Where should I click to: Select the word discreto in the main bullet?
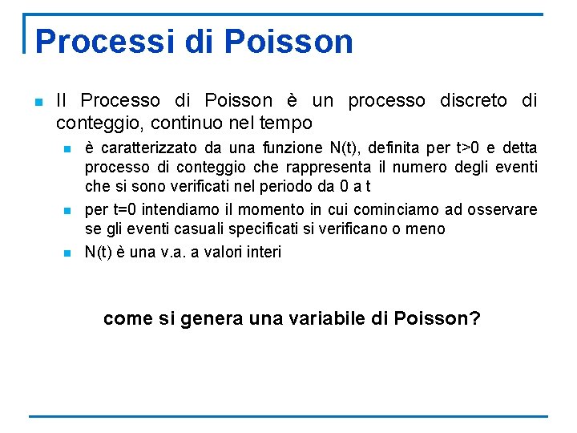click(x=472, y=101)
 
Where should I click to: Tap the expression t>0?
click(x=470, y=148)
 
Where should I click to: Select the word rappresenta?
click(x=331, y=168)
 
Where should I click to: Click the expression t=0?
click(x=121, y=210)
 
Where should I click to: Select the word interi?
click(x=262, y=252)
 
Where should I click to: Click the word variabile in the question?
click(x=321, y=318)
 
